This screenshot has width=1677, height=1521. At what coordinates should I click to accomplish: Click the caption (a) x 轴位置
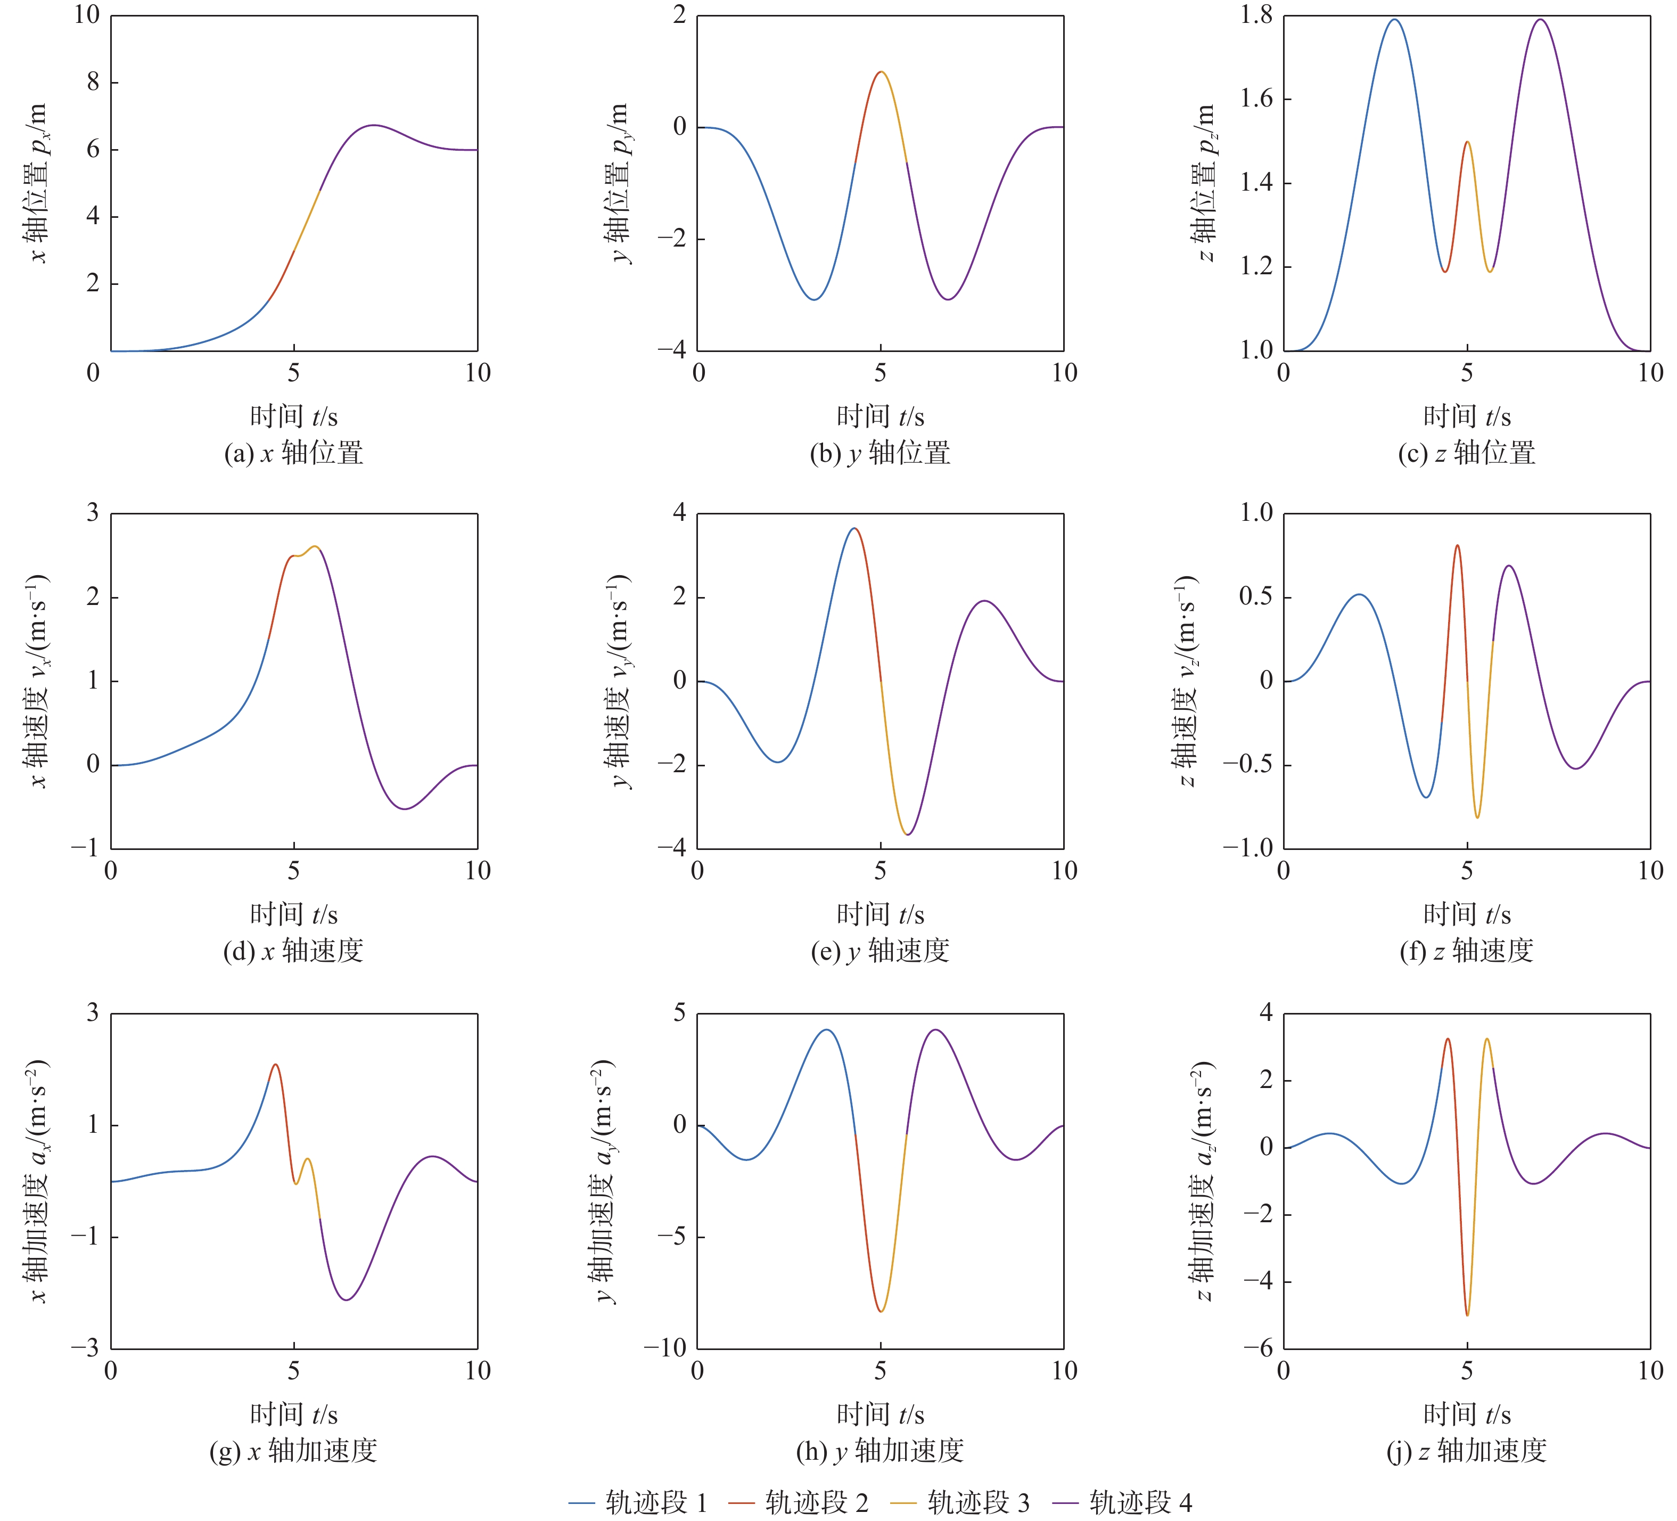[x=294, y=453]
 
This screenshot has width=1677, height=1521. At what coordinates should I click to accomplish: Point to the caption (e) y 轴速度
[x=880, y=951]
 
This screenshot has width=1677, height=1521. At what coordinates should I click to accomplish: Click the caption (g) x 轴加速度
[x=294, y=1450]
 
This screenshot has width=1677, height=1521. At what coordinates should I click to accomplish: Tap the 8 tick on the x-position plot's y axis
[x=92, y=83]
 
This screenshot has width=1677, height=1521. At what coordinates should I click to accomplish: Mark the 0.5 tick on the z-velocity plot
[x=1256, y=598]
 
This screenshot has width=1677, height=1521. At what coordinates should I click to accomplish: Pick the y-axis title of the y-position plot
[x=620, y=183]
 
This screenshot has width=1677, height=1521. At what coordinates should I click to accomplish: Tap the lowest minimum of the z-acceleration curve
[x=1467, y=1315]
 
